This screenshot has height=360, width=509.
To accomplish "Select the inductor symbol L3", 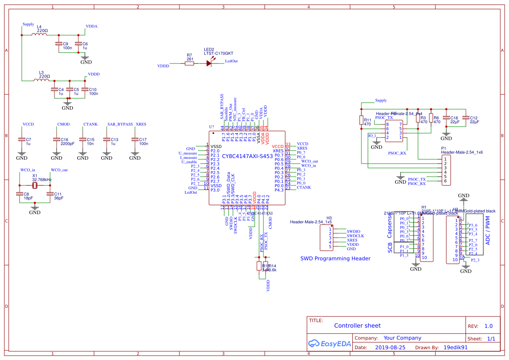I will [x=41, y=80].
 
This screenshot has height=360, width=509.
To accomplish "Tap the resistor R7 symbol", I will [x=189, y=63].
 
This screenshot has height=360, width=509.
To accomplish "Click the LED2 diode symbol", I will [x=209, y=63].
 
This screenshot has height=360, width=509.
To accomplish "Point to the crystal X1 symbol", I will [x=34, y=186].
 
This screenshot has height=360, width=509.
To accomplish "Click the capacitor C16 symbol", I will [x=57, y=139].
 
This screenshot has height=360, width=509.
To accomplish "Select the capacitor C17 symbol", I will [x=135, y=139].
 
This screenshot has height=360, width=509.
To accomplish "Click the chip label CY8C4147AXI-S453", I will [x=247, y=155].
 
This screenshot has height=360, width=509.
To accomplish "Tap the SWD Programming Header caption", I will [x=335, y=259].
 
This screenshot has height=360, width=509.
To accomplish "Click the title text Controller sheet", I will [x=357, y=326].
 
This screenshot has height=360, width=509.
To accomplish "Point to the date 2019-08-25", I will [x=390, y=348].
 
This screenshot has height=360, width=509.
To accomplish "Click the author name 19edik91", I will [x=455, y=348].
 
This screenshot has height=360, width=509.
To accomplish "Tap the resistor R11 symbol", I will [x=361, y=120].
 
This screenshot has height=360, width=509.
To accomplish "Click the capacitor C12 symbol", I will [x=465, y=118].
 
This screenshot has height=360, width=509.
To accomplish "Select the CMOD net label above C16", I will [x=63, y=124].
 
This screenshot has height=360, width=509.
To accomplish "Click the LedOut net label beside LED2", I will [x=231, y=61].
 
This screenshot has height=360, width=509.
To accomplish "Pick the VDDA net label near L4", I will [x=91, y=26].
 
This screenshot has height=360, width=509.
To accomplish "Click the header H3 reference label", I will [x=329, y=218].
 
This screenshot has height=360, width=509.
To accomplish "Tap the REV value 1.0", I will [x=488, y=326].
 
